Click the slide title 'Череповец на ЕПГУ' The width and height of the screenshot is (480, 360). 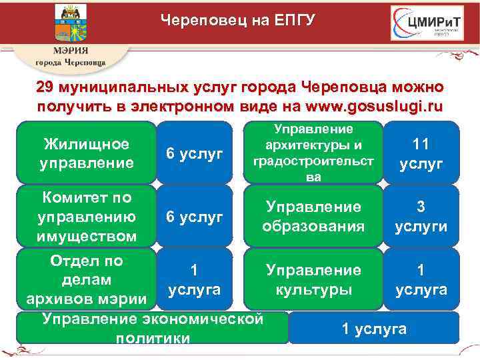pos(237,21)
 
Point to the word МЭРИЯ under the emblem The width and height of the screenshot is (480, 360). pos(71,51)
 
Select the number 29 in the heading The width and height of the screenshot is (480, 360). pos(45,88)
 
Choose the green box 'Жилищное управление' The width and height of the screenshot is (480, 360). pos(87,153)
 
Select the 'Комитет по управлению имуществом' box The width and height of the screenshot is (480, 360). pos(87,217)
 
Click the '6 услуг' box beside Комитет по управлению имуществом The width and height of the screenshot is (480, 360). pos(194,217)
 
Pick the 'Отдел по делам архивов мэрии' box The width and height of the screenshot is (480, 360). pos(87,279)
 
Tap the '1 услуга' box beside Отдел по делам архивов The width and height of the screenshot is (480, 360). pos(194,279)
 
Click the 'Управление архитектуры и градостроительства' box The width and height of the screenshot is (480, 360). pos(313,153)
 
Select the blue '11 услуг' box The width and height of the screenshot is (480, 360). pos(421,153)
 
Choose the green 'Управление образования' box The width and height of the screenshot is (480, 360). pos(313,217)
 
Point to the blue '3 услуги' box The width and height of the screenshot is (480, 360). pos(421,217)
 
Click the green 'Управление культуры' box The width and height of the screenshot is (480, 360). pos(313,279)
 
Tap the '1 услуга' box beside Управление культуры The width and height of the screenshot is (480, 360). pos(421,279)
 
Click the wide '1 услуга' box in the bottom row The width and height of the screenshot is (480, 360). pos(374,327)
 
